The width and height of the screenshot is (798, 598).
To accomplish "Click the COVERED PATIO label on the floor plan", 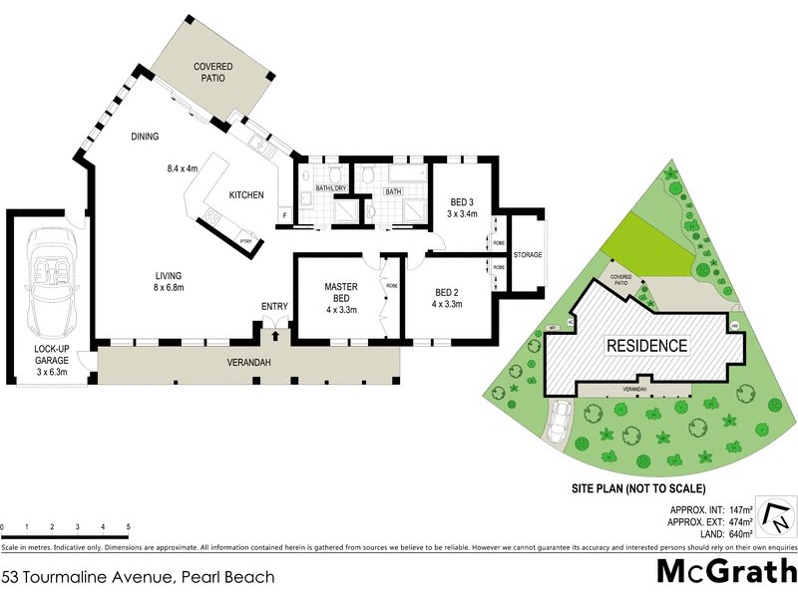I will [213, 73].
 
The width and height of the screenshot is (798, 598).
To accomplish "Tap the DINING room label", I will [146, 137].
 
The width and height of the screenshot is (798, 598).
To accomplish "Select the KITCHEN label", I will [246, 195].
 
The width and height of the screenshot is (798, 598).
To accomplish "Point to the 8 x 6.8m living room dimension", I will [168, 288].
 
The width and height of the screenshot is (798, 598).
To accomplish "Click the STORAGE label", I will [528, 255].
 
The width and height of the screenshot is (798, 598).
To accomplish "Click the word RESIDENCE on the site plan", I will [647, 346].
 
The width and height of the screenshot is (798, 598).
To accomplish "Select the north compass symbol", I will [773, 515].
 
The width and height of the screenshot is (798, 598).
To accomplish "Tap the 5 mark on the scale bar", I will [128, 526].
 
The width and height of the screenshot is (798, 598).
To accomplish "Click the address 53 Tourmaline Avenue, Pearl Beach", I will [138, 576].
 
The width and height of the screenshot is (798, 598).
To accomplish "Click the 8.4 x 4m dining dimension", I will [184, 168].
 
